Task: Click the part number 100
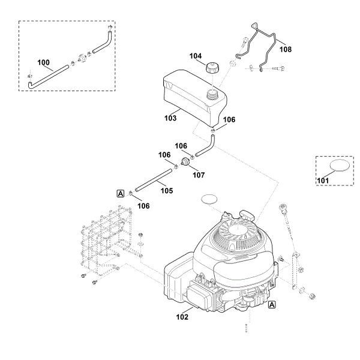pos(43,62)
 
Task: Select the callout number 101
pos(323,181)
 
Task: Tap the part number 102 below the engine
pos(182,317)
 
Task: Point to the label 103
pos(170,118)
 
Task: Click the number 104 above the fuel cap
pos(196,56)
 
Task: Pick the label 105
pos(167,191)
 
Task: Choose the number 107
pos(199,175)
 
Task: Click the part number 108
pos(286,49)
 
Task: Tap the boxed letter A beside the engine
pos(272,305)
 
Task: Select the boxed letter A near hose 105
pos(121,194)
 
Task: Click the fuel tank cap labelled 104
pos(212,68)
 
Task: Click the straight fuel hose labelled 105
pos(154,180)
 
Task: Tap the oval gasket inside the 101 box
pos(340,166)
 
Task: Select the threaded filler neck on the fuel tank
pos(213,95)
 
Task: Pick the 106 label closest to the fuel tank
pos(229,119)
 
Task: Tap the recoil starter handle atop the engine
pos(247,215)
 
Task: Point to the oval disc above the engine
pos(209,199)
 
